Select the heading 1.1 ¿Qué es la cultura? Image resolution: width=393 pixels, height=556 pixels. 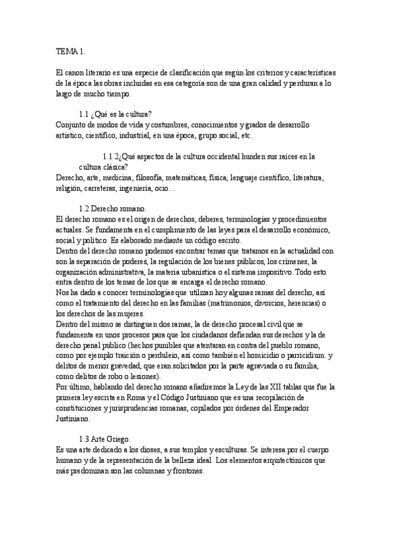115,114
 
